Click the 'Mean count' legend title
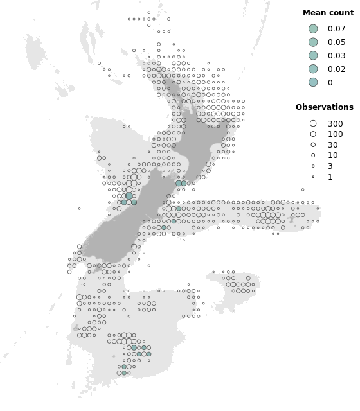coord(324,13)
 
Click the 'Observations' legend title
coord(324,107)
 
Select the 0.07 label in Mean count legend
coord(336,29)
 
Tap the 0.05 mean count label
coord(336,42)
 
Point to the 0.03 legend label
coord(336,56)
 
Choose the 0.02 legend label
coord(336,69)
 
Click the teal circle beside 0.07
coord(313,29)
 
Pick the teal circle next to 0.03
coord(313,56)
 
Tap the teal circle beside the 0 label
coord(313,82)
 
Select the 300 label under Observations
coord(335,123)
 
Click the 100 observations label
coord(335,134)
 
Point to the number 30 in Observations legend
coord(332,145)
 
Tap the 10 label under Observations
coord(332,155)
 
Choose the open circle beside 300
coord(313,123)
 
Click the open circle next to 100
coord(313,134)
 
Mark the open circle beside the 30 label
coord(313,145)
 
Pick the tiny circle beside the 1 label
coord(313,177)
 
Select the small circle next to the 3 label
coord(313,166)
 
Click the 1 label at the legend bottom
coord(330,177)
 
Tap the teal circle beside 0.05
coord(313,42)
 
